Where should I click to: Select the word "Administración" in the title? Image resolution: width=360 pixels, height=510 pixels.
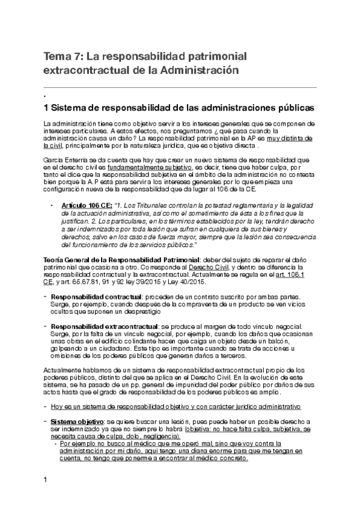(x=193, y=70)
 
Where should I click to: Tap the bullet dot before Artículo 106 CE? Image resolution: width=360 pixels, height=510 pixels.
(x=53, y=205)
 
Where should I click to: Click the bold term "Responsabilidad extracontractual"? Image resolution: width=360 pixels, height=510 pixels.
(x=99, y=325)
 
